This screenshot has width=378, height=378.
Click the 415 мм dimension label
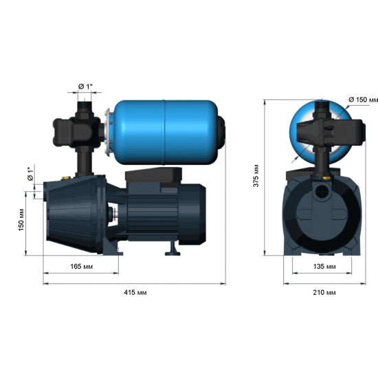point(136,292)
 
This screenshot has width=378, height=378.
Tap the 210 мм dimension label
point(324,292)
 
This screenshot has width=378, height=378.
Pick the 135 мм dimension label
point(324,266)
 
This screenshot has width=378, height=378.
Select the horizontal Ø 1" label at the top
point(87,85)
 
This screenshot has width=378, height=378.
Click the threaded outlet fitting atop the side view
point(86,107)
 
